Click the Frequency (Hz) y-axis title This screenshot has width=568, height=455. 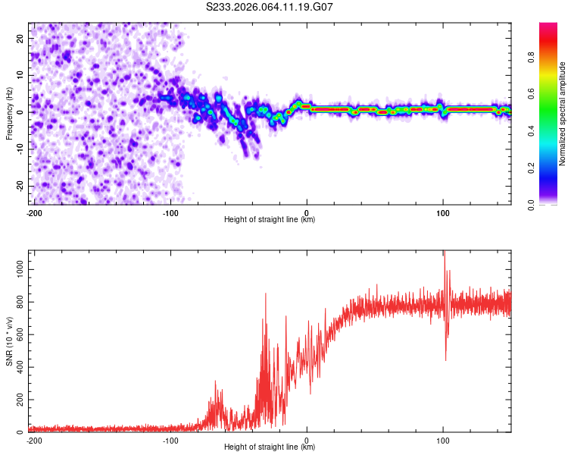[10, 113]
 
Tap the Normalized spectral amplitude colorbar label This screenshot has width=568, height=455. [563, 114]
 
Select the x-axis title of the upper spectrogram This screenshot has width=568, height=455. [270, 219]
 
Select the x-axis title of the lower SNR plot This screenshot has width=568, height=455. [270, 447]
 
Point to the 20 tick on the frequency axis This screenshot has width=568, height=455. [20, 38]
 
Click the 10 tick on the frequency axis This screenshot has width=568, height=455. [20, 75]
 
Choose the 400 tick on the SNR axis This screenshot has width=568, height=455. [17, 367]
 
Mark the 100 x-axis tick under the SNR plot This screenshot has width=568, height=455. [443, 439]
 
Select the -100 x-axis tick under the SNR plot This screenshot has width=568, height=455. [170, 439]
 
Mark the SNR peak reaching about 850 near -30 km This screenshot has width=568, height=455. [266, 294]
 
